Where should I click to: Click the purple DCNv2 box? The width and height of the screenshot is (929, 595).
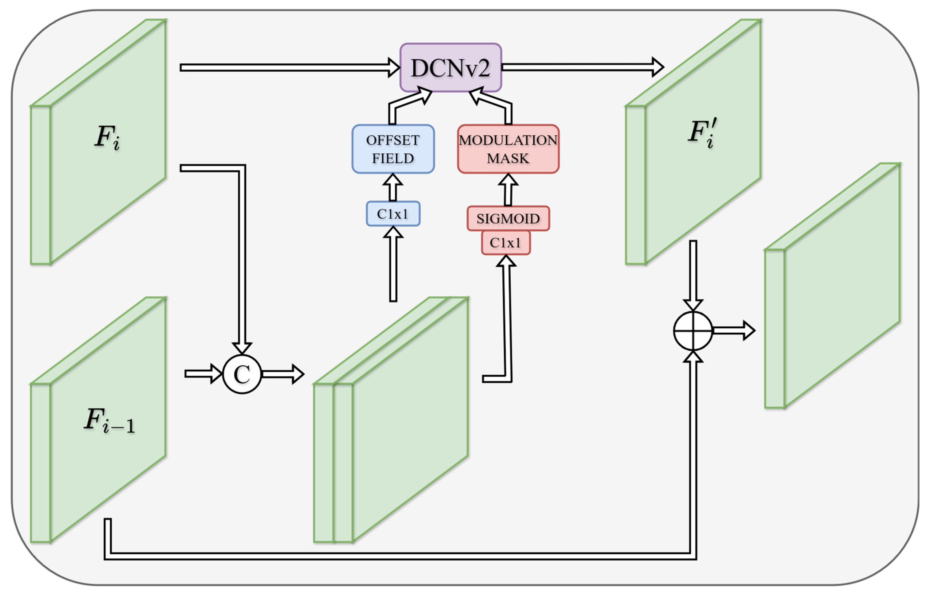[450, 68]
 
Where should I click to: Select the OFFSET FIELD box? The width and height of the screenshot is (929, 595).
[393, 149]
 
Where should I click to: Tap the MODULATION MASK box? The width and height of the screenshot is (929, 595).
[508, 149]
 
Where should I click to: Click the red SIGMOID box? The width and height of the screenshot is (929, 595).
[508, 219]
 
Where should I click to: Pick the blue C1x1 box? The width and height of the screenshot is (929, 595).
[393, 214]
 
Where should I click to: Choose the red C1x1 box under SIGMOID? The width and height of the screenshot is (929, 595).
[505, 243]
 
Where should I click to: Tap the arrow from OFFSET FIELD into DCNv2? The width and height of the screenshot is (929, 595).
[406, 104]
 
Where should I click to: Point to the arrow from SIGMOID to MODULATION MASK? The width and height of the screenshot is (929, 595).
[508, 190]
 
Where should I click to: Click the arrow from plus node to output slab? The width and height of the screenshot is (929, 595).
[733, 331]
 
